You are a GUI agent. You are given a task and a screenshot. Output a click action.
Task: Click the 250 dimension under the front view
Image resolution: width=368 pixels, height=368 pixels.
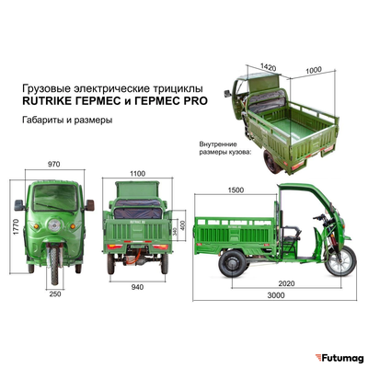click(56, 293)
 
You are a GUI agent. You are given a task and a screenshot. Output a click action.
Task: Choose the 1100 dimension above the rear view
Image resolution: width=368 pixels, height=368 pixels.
click(139, 172)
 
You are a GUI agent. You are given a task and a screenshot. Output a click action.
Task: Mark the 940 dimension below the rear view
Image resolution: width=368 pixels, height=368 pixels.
click(139, 286)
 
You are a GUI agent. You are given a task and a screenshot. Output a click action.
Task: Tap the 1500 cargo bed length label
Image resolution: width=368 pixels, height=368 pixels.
click(236, 189)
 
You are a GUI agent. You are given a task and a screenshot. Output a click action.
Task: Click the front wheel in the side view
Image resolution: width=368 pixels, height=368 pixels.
click(339, 262)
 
